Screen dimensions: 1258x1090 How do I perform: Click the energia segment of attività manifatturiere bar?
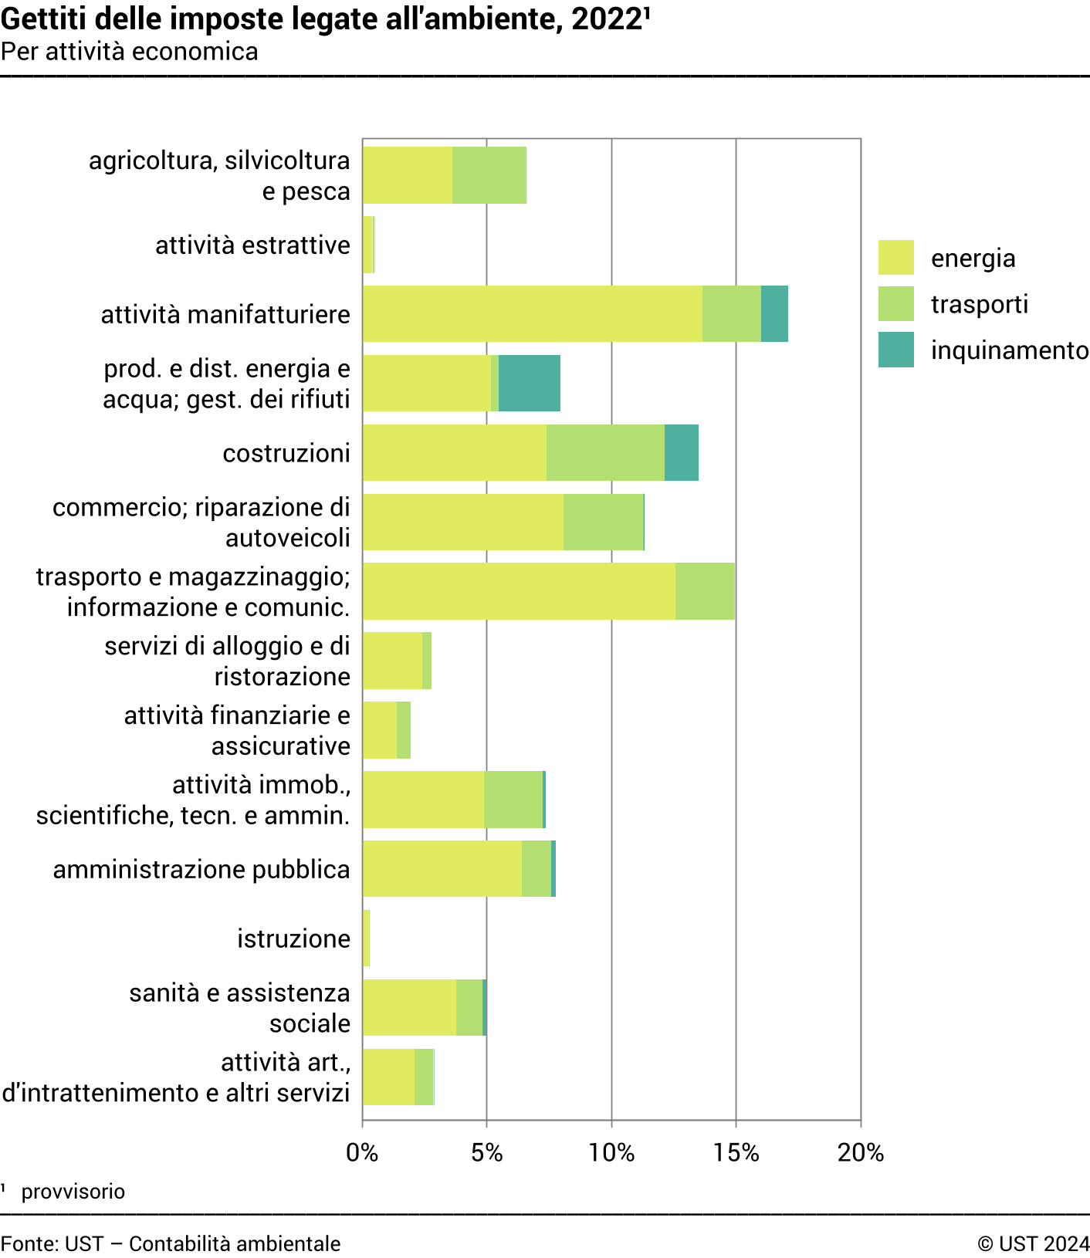tap(532, 313)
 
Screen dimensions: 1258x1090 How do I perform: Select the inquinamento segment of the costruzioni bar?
tap(682, 452)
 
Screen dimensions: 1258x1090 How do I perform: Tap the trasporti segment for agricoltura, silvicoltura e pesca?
tap(489, 175)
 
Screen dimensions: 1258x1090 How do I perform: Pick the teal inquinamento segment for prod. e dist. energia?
tap(530, 383)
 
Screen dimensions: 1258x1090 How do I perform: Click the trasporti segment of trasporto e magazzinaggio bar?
tap(705, 591)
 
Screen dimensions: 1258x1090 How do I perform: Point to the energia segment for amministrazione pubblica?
tap(442, 868)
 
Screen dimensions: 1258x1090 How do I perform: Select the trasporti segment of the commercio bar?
tap(603, 522)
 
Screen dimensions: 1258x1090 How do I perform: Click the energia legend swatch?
tap(895, 257)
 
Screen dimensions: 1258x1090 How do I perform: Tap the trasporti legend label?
tap(979, 304)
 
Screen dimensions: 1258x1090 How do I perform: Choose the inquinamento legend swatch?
tap(895, 350)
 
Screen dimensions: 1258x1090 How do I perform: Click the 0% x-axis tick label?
tap(362, 1152)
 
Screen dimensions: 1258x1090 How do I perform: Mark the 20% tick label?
tap(860, 1152)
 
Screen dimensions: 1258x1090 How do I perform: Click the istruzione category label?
tap(293, 938)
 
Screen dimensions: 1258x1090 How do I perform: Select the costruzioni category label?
tap(286, 453)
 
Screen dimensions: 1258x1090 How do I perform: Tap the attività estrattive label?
tap(252, 245)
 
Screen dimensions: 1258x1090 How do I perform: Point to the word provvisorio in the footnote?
tap(73, 1192)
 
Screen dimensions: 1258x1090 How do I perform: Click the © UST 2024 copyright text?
tap(1033, 1243)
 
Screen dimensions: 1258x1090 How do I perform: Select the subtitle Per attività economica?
tap(130, 52)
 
